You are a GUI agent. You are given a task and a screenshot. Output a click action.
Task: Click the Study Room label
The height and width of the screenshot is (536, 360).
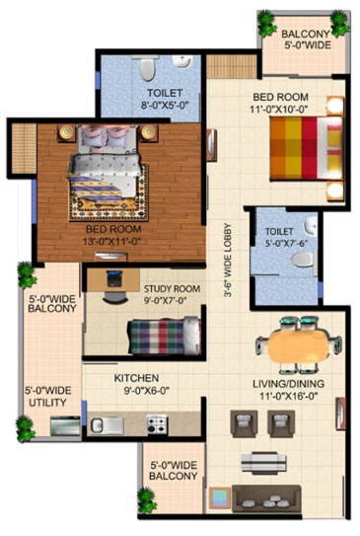point(172,289)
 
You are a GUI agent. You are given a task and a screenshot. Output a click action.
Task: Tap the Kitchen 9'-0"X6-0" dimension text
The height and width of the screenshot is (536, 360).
point(147,390)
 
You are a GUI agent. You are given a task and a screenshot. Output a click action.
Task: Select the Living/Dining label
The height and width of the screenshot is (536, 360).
point(289,384)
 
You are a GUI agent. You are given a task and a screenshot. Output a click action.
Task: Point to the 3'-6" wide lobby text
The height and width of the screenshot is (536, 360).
point(228,261)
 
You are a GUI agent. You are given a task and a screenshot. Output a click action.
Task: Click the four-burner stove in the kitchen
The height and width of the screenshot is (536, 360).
point(157,423)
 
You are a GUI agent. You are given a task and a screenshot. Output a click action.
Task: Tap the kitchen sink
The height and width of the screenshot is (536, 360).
point(107,425)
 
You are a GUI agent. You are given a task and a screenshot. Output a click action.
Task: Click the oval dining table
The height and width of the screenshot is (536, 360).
point(298,345)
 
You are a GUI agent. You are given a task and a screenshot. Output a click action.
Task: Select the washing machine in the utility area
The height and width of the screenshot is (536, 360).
point(65,425)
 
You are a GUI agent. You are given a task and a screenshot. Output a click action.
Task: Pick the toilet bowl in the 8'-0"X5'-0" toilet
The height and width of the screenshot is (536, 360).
point(148,69)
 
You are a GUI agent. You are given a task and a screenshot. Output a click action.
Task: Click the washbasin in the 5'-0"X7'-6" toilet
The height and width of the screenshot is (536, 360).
point(311,226)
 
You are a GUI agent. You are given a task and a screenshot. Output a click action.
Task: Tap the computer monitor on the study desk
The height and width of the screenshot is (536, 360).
point(113,278)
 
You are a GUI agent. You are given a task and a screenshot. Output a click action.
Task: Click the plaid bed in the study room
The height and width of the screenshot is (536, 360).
point(164,336)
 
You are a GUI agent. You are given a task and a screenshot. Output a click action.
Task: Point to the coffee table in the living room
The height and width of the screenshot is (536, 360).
point(263,463)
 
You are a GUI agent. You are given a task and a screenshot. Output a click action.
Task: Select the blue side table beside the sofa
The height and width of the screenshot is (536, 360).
point(219,498)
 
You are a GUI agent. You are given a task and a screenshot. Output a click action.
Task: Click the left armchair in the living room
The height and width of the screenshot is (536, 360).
point(244,423)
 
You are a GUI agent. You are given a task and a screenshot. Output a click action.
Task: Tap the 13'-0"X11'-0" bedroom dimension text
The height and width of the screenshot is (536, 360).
point(111,241)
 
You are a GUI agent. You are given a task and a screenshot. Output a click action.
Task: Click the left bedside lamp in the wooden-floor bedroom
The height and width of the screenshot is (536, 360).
point(66,132)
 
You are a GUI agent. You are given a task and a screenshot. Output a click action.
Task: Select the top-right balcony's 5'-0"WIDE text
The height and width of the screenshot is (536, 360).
point(308,44)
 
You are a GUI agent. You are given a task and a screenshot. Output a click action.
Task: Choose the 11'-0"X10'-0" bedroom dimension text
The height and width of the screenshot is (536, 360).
point(280,110)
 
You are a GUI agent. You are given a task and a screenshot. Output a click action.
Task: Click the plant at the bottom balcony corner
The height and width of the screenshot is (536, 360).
point(147,499)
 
